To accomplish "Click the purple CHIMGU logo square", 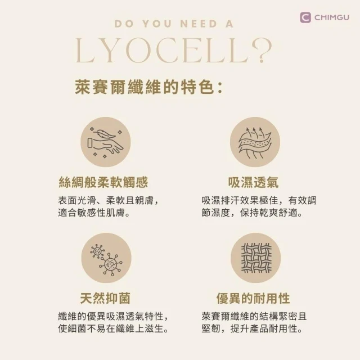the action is pyautogui.click(x=305, y=17).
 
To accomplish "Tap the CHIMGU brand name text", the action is pyautogui.click(x=332, y=17).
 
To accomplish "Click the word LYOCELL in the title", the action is pyautogui.click(x=162, y=50).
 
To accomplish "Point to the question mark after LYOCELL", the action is pyautogui.click(x=262, y=51).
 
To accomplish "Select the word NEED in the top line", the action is pyautogui.click(x=199, y=24).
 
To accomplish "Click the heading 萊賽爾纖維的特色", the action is pyautogui.click(x=145, y=87).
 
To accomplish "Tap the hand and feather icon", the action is pyautogui.click(x=106, y=142).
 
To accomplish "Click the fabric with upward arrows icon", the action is pyautogui.click(x=255, y=142).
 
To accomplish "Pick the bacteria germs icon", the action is pyautogui.click(x=106, y=258).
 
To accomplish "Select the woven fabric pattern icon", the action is pyautogui.click(x=256, y=258).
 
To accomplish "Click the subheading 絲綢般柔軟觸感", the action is pyautogui.click(x=103, y=182).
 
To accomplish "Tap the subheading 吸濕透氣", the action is pyautogui.click(x=253, y=182).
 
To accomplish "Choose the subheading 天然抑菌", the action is pyautogui.click(x=105, y=298).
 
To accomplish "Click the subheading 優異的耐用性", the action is pyautogui.click(x=253, y=298).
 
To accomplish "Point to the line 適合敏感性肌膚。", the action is pyautogui.click(x=94, y=213).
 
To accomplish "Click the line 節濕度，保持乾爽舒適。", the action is pyautogui.click(x=252, y=213).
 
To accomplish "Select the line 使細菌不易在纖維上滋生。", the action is pyautogui.click(x=113, y=328).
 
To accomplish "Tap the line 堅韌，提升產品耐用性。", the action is pyautogui.click(x=252, y=328).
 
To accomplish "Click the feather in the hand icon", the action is pyautogui.click(x=105, y=134).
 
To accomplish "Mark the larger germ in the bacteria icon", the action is pyautogui.click(x=111, y=264).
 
